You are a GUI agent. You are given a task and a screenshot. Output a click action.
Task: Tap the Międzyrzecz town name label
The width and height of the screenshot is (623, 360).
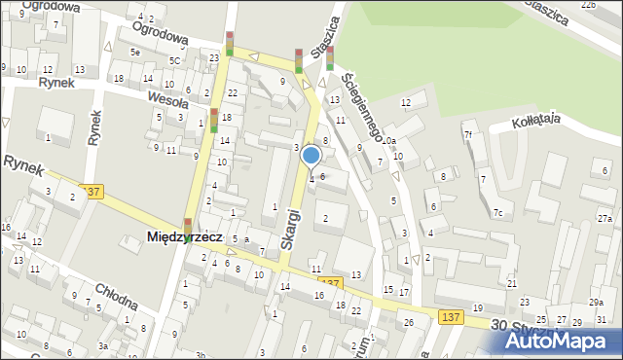(x=185, y=236)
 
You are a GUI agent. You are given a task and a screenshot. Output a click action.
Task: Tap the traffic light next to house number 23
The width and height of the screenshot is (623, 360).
(x=230, y=44)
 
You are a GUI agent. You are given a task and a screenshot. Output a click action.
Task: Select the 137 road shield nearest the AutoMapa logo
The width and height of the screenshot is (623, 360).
(x=451, y=317)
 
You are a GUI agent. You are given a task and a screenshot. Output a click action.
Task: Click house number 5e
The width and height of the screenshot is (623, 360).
(x=136, y=52)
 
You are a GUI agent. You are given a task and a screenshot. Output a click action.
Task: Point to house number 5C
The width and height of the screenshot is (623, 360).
(x=174, y=60)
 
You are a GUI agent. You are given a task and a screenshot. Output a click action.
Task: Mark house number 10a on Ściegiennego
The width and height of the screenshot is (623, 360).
(x=389, y=141)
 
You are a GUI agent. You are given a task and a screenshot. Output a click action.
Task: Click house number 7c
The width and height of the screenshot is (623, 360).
(x=497, y=212)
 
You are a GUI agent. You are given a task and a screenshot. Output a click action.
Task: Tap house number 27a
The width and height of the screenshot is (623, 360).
(x=605, y=218)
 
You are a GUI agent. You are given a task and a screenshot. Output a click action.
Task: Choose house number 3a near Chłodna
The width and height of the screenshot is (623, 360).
(x=102, y=346)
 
